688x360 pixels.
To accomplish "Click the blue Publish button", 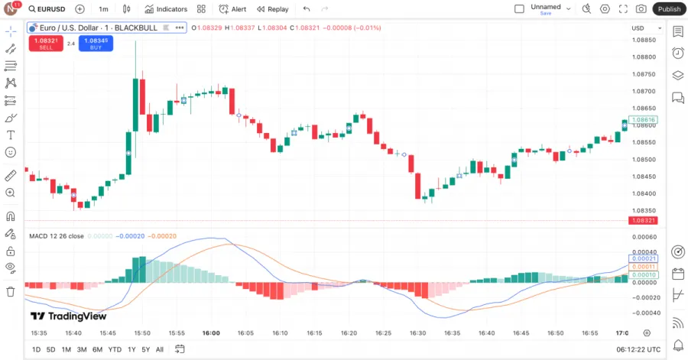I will click(x=669, y=9).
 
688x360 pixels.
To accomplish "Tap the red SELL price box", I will click(x=46, y=43).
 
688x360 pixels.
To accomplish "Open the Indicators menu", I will click(x=166, y=9).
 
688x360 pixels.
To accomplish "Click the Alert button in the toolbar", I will click(x=232, y=9).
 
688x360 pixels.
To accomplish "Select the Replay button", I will click(x=273, y=9).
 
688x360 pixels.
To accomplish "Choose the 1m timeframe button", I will click(x=103, y=9).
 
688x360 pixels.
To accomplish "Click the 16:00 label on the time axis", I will click(x=211, y=333).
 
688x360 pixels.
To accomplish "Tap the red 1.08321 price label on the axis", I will click(x=644, y=220).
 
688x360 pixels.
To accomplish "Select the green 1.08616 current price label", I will click(x=644, y=120).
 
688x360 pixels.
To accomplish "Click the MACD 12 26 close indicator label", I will click(x=57, y=236).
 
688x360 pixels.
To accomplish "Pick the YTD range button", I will click(x=115, y=349).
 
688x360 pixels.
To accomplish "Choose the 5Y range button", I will click(x=145, y=349).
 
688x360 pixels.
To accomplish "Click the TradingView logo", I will click(x=68, y=316).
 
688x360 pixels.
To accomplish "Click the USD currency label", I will click(x=638, y=28).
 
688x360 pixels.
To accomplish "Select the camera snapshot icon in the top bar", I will click(x=641, y=9).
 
